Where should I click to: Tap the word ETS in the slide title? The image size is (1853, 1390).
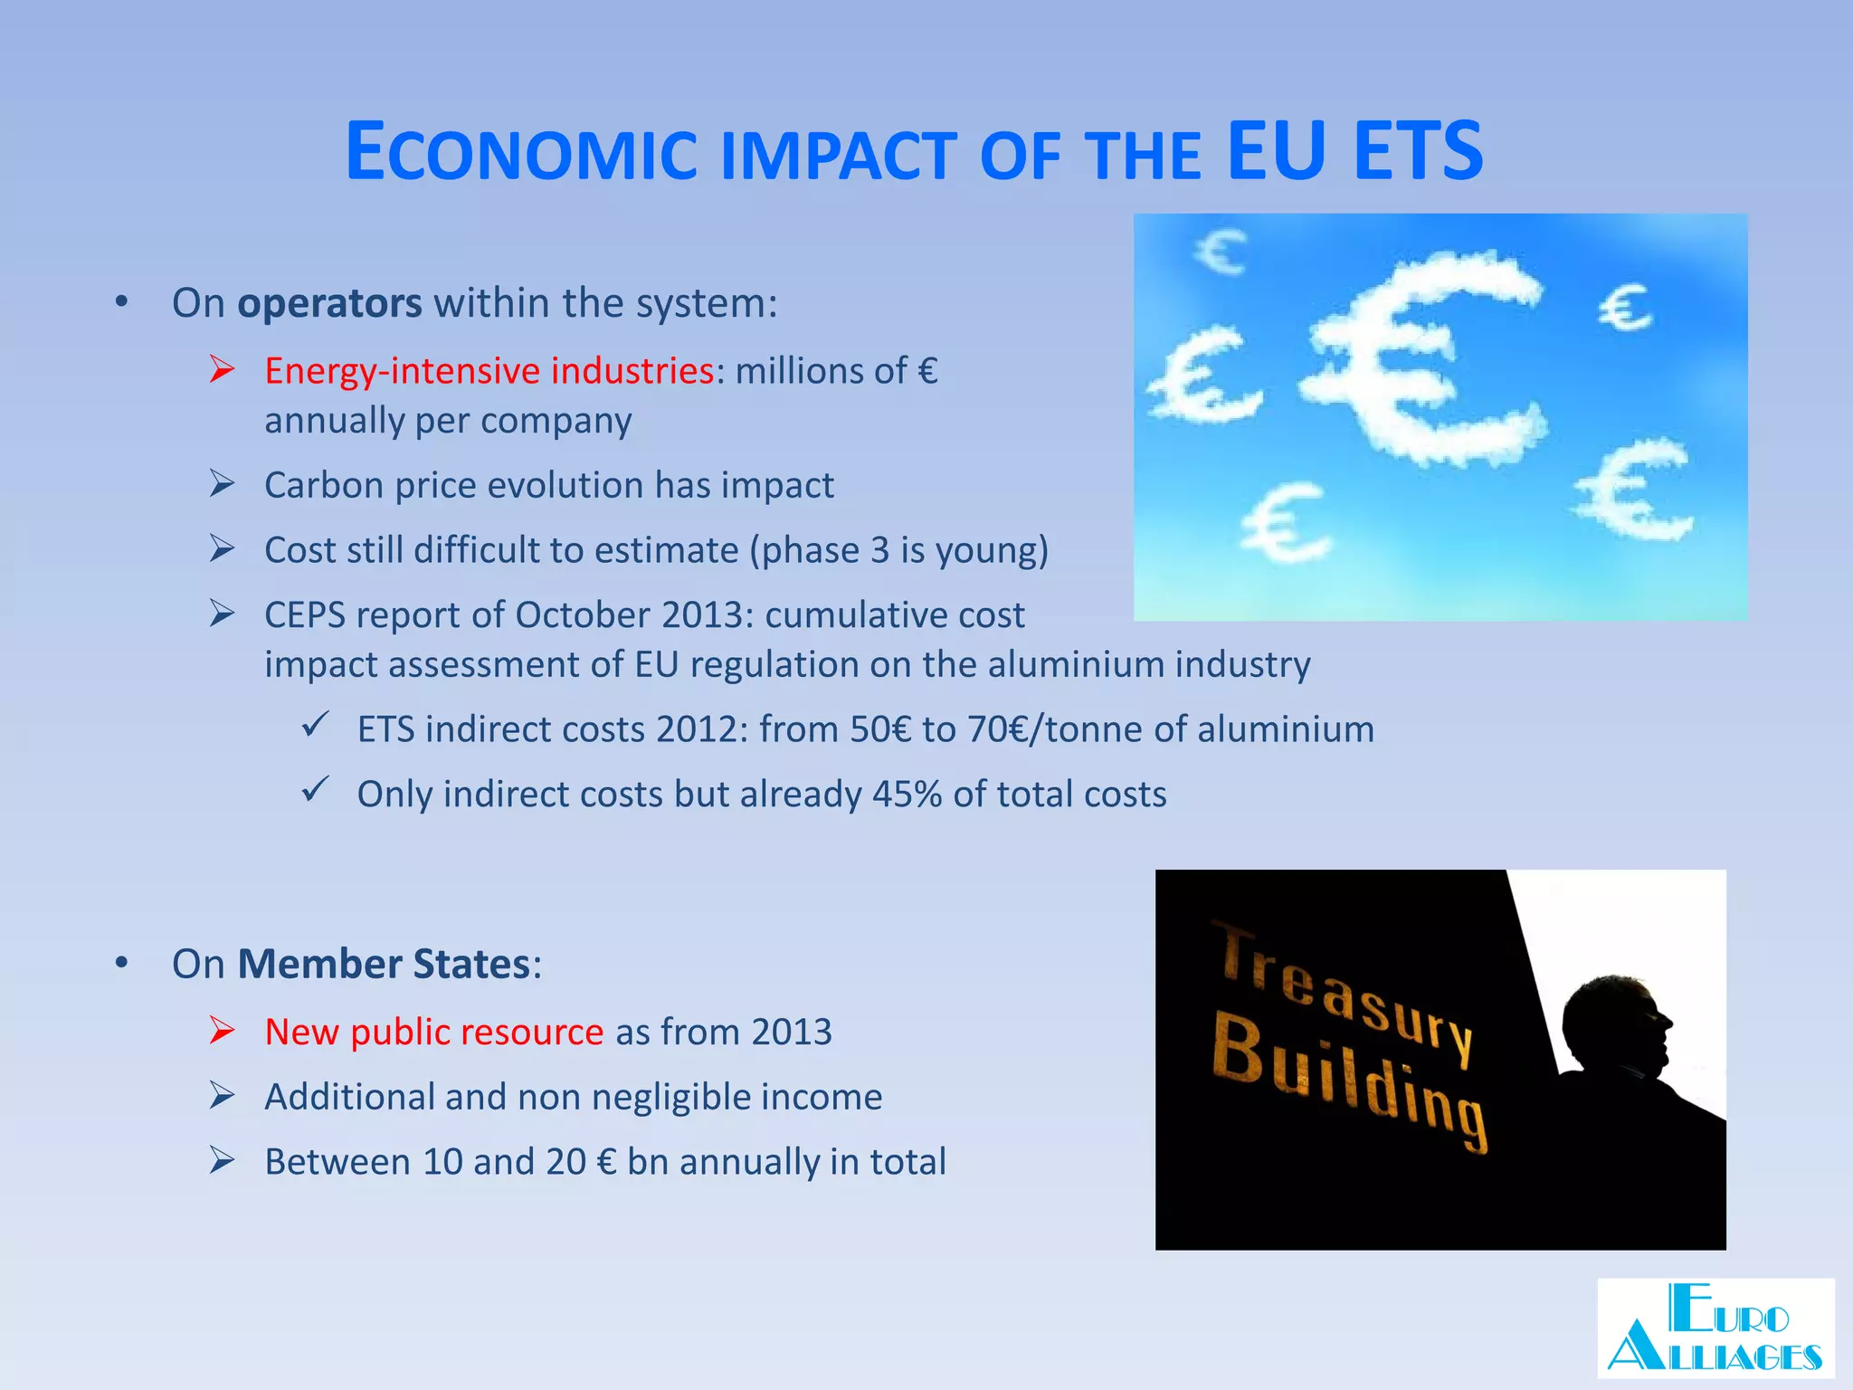tap(1418, 150)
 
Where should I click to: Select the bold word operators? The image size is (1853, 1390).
tap(329, 303)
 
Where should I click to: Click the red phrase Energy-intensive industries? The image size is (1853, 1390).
tap(489, 371)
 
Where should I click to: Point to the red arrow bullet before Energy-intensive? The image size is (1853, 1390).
tap(222, 369)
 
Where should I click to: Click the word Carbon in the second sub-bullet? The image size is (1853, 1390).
tap(323, 486)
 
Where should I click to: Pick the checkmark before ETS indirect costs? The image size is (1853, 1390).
tap(315, 726)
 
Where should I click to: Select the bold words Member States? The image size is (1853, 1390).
tap(384, 965)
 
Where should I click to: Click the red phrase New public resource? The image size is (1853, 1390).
tap(433, 1033)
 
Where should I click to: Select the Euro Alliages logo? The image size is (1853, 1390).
tap(1715, 1328)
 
